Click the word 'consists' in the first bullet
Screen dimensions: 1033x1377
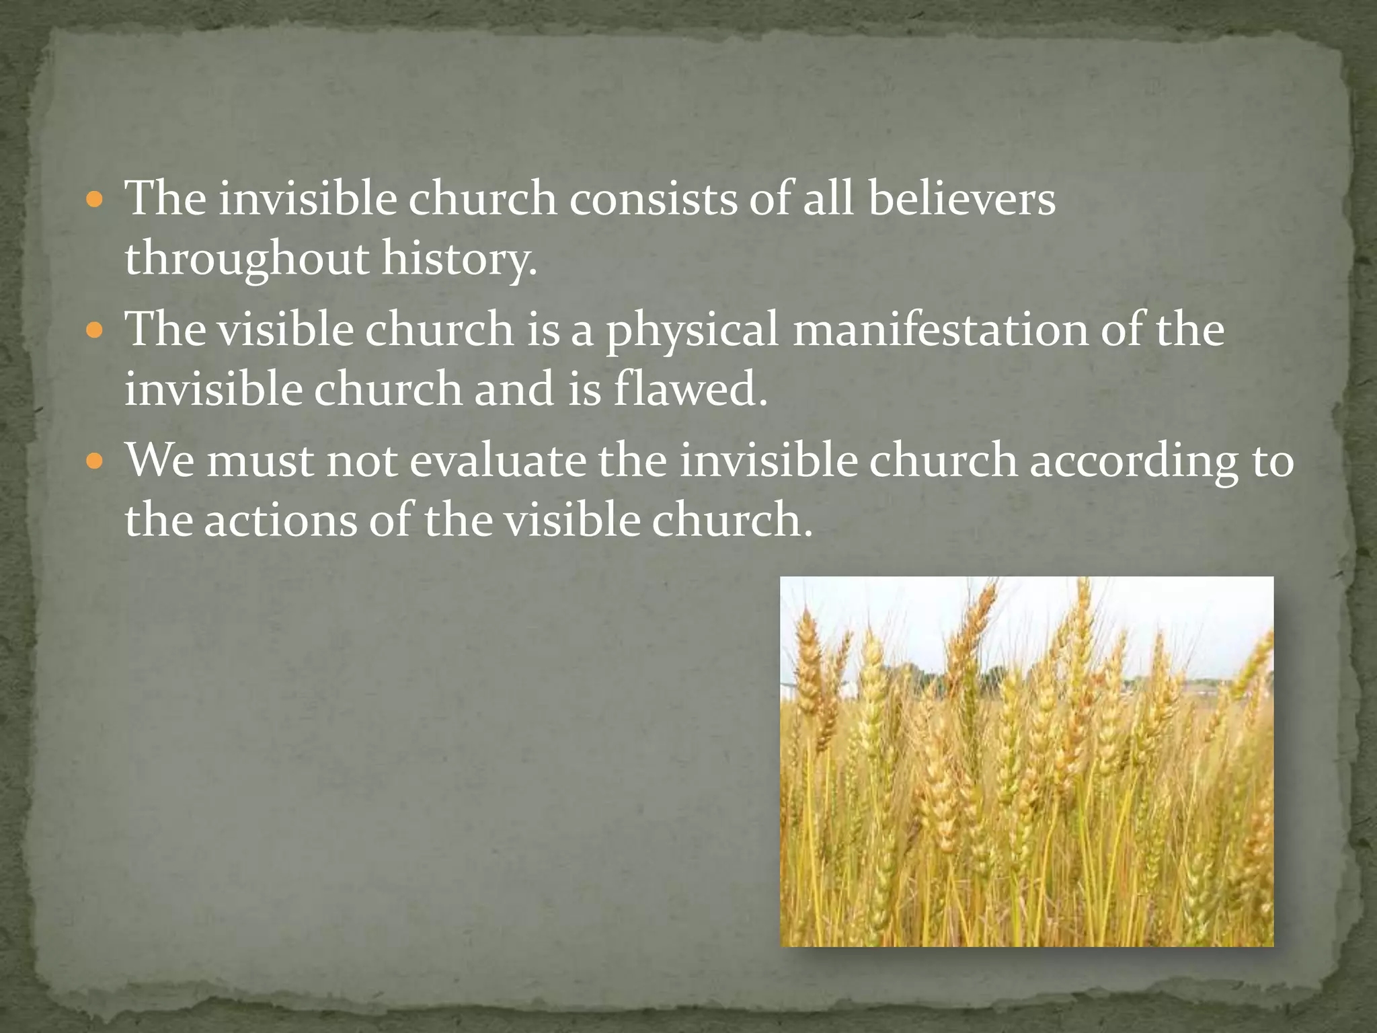point(653,200)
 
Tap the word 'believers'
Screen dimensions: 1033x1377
point(961,200)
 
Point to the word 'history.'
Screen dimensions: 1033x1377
point(460,260)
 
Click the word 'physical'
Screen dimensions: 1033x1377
point(692,331)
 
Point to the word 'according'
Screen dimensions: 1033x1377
point(1134,463)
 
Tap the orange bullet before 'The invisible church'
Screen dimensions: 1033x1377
point(95,200)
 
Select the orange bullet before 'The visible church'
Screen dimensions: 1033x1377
point(95,330)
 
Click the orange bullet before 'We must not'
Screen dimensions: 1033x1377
point(95,461)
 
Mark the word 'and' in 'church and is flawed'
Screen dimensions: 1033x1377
point(514,390)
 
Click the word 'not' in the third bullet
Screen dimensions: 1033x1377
point(362,463)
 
